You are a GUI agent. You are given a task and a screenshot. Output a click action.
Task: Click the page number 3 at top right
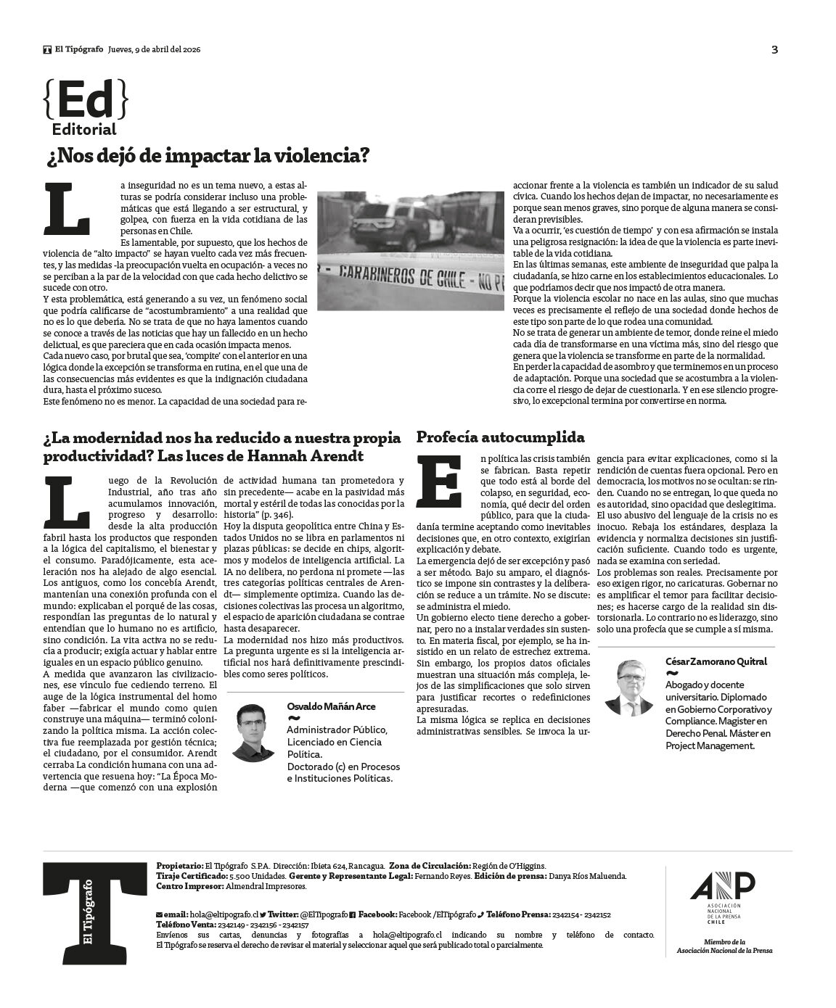pyautogui.click(x=774, y=49)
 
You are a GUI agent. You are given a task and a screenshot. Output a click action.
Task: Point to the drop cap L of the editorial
pyautogui.click(x=67, y=209)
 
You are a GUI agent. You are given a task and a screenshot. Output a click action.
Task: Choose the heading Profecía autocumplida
pyautogui.click(x=500, y=437)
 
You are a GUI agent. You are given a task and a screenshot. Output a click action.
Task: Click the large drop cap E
pyautogui.click(x=440, y=481)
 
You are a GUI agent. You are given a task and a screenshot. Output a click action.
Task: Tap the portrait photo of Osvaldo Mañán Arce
pyautogui.click(x=253, y=732)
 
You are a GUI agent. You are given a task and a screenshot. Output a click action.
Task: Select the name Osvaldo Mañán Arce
pyautogui.click(x=331, y=706)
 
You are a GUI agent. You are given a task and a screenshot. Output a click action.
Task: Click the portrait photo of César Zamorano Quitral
pyautogui.click(x=629, y=687)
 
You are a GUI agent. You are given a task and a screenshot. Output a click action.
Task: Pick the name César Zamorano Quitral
pyautogui.click(x=716, y=661)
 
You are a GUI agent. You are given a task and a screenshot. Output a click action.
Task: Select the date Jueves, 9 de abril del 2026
pyautogui.click(x=154, y=49)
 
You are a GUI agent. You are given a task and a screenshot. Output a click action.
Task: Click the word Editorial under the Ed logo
pyautogui.click(x=84, y=130)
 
